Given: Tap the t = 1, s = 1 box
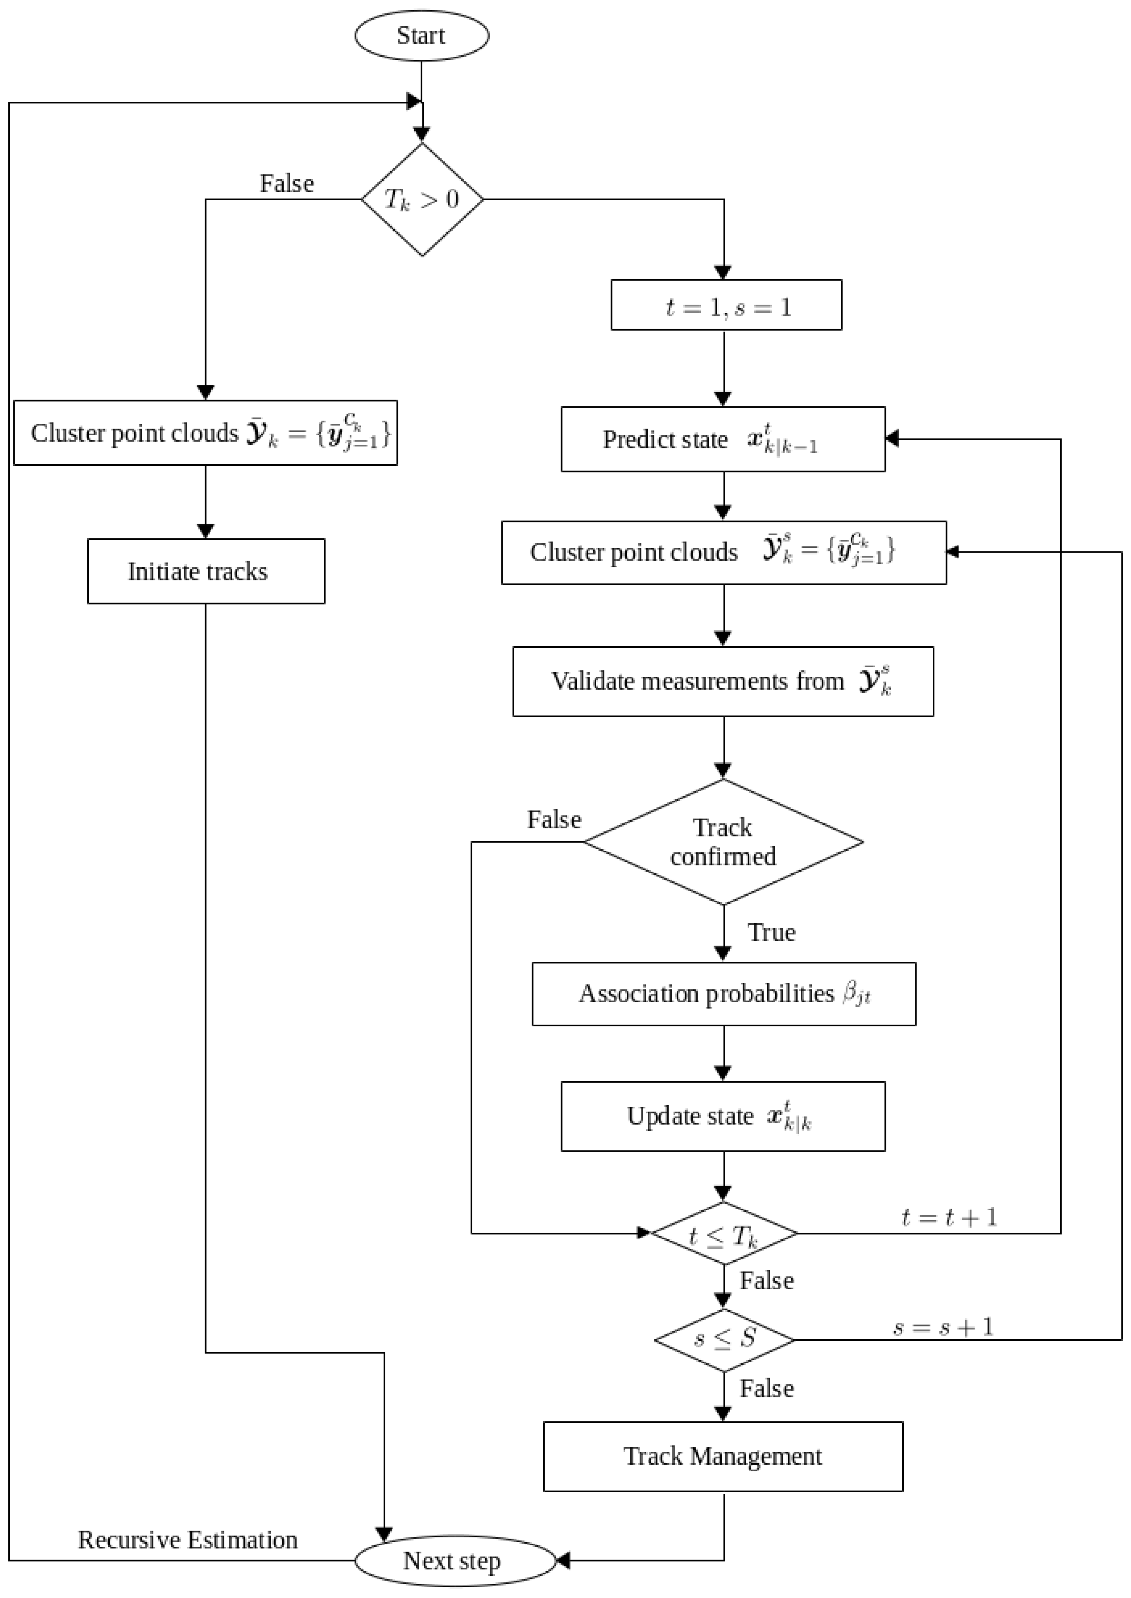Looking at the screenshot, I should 726,305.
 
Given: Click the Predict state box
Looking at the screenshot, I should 723,439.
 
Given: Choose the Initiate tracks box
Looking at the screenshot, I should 205,571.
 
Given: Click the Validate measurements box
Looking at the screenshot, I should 723,681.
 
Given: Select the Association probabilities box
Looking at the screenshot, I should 723,993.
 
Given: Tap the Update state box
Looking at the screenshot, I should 723,1116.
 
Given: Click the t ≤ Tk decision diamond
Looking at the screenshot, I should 723,1233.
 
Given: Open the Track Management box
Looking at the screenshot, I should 723,1456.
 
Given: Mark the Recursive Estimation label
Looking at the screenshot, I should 188,1539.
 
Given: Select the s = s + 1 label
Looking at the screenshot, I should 943,1326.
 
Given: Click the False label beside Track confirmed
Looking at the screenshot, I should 554,819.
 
